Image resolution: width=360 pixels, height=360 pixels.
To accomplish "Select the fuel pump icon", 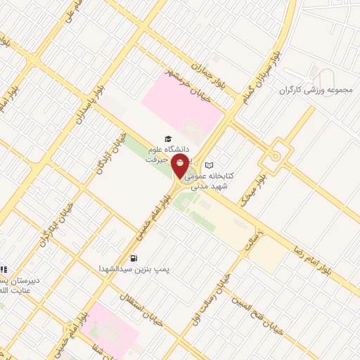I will click(134, 258).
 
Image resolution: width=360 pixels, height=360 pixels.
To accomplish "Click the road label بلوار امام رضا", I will click(323, 265).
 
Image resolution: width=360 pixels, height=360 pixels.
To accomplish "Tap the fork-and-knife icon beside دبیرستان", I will click(4, 269).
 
